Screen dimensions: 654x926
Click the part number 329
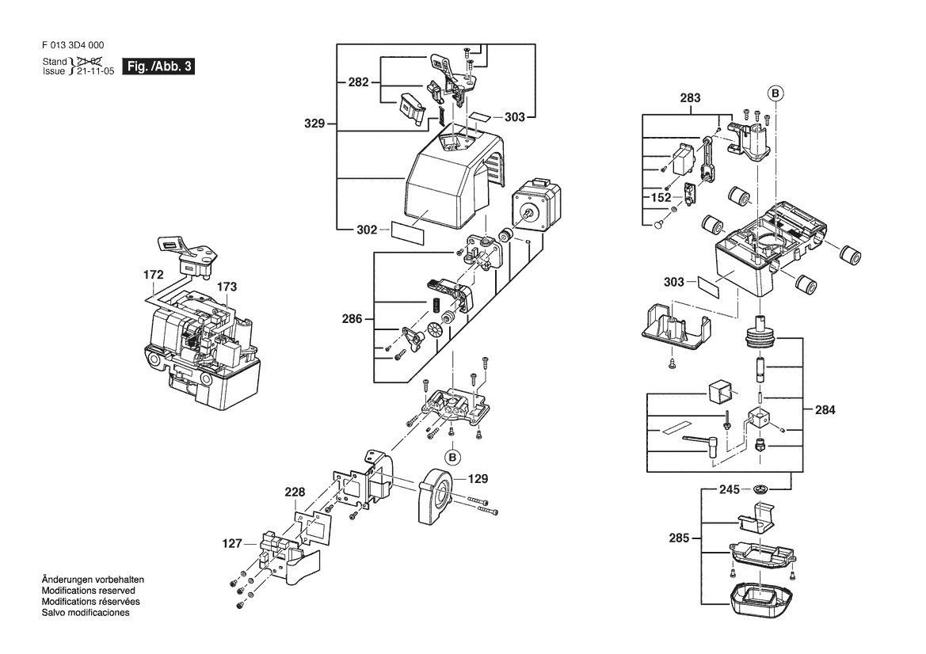[x=315, y=124]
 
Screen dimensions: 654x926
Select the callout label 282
[x=359, y=82]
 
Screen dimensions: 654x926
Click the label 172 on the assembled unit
[x=154, y=275]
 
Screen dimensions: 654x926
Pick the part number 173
[x=227, y=286]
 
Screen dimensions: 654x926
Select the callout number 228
[x=295, y=492]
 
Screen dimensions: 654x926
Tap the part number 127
[x=232, y=544]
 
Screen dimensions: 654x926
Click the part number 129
[x=477, y=479]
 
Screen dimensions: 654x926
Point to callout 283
[x=690, y=98]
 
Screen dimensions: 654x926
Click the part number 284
[x=825, y=410]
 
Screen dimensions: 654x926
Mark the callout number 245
[x=730, y=489]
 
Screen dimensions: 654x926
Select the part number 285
[x=680, y=538]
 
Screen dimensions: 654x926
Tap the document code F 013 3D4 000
[x=74, y=47]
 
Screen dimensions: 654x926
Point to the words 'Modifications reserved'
[x=88, y=591]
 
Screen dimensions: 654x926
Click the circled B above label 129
[x=452, y=457]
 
